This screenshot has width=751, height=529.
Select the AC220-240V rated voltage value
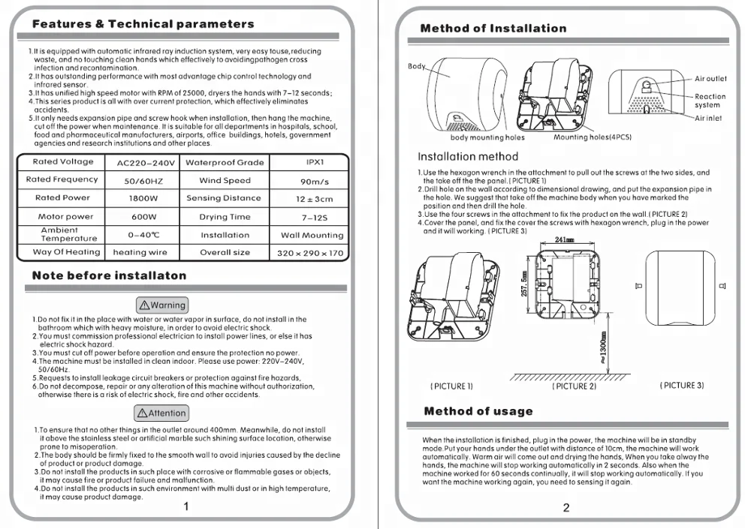(146, 163)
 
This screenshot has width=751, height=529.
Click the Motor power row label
(66, 217)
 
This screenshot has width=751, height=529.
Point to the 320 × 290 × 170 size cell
(310, 253)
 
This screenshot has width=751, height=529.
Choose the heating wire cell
(140, 253)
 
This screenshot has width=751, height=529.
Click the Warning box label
(161, 305)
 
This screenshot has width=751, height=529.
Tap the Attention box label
(161, 413)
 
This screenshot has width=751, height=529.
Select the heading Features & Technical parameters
(143, 24)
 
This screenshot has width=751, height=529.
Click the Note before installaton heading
(109, 275)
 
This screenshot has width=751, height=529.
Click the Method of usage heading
(478, 411)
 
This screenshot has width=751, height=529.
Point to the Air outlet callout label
(710, 79)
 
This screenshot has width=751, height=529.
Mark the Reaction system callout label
(710, 101)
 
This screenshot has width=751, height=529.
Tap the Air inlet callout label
(708, 119)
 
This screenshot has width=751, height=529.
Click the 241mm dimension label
(564, 239)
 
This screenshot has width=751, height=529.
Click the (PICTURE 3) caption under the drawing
(682, 386)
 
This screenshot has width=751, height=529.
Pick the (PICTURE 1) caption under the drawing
(451, 386)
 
